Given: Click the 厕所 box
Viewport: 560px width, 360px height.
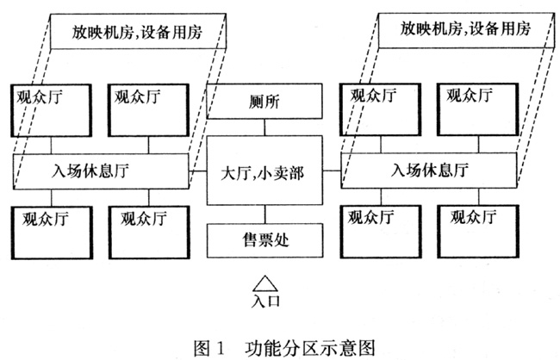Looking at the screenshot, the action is [264, 102].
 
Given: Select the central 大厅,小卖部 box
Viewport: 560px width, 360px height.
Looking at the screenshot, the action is [264, 171].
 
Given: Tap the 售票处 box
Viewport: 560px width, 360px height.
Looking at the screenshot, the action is [265, 240].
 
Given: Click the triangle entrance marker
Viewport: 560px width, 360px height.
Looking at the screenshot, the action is [265, 283].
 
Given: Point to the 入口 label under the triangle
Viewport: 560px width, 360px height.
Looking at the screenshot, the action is [265, 301].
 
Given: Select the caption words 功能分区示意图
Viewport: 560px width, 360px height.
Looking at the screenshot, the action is [310, 348].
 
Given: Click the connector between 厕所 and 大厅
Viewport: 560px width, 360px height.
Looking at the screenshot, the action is [264, 127].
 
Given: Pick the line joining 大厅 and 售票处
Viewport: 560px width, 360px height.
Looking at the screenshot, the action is [265, 214].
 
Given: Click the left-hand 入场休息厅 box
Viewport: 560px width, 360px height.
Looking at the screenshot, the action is [101, 171].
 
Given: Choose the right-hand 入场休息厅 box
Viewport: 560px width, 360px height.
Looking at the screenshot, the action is [429, 170].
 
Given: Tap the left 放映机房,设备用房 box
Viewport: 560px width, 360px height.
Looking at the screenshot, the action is [138, 31].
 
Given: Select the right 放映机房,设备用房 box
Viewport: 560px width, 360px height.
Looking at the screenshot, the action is [467, 30].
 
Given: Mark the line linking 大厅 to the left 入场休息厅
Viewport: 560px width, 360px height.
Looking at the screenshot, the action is [198, 171].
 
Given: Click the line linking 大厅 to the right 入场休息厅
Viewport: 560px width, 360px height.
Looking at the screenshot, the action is [332, 171].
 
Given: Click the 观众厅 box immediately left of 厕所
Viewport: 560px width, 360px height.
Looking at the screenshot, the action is [148, 110].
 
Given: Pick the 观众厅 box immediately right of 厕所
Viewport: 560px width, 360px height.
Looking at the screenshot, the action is [380, 109].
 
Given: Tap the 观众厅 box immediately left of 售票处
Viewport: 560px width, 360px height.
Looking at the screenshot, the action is [149, 233].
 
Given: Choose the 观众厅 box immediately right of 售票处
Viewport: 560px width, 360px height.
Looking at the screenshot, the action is [381, 232].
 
